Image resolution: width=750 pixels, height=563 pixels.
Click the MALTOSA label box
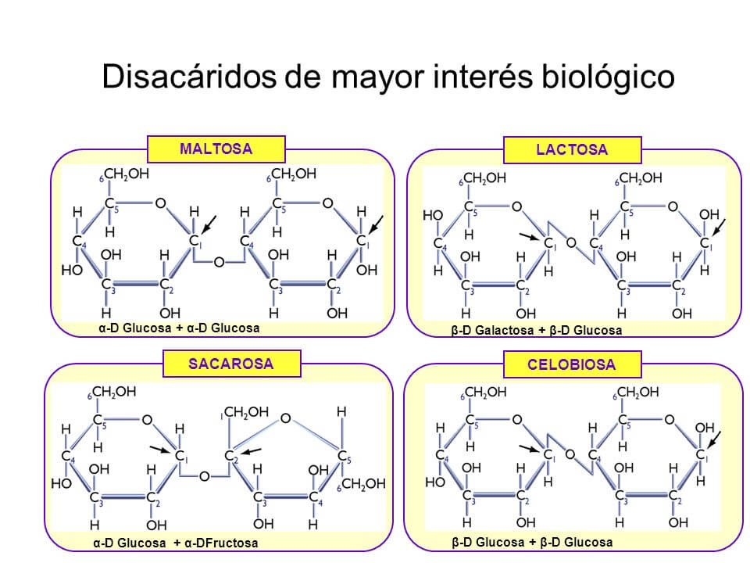click(x=216, y=149)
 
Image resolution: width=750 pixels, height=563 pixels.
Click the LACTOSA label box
click(x=572, y=149)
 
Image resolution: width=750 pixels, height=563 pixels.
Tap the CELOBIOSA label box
click(x=572, y=364)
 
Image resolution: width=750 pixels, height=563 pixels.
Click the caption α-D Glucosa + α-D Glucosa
click(x=180, y=328)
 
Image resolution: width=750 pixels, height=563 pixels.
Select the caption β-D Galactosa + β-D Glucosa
click(x=537, y=330)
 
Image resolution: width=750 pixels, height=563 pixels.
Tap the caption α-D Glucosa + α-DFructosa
click(x=173, y=543)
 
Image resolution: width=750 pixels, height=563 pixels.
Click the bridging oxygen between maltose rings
click(x=219, y=261)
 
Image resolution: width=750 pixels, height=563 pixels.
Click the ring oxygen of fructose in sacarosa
click(x=285, y=419)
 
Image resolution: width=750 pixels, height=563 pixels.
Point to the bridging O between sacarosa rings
click(x=204, y=476)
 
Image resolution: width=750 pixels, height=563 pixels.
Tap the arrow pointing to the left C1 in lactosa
click(x=529, y=236)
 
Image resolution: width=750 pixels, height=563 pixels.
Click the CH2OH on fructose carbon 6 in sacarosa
click(x=363, y=485)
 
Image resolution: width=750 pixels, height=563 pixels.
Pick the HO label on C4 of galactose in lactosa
click(x=432, y=214)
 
